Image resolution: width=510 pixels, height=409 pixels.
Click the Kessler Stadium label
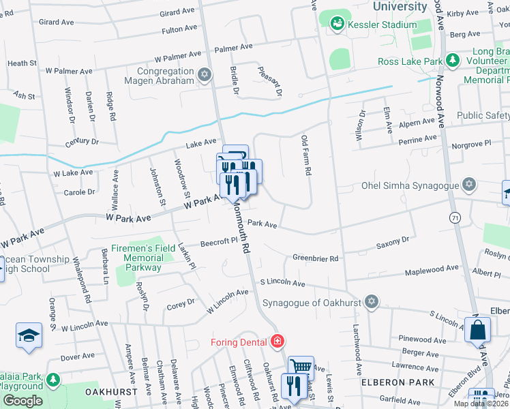click(x=382, y=25)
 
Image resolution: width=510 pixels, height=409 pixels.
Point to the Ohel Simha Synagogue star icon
click(x=468, y=184)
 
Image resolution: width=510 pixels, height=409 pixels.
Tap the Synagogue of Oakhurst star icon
click(x=371, y=301)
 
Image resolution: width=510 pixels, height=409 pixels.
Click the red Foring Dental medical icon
click(x=277, y=340)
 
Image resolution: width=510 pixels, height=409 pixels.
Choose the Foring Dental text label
click(x=241, y=340)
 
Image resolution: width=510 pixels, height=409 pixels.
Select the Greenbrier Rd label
click(x=316, y=258)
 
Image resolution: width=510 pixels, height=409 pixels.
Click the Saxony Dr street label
click(x=393, y=240)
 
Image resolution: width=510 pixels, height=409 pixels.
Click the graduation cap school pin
click(x=29, y=335)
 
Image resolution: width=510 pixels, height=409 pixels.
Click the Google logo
click(x=22, y=401)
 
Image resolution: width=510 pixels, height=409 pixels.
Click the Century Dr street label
click(x=82, y=142)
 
